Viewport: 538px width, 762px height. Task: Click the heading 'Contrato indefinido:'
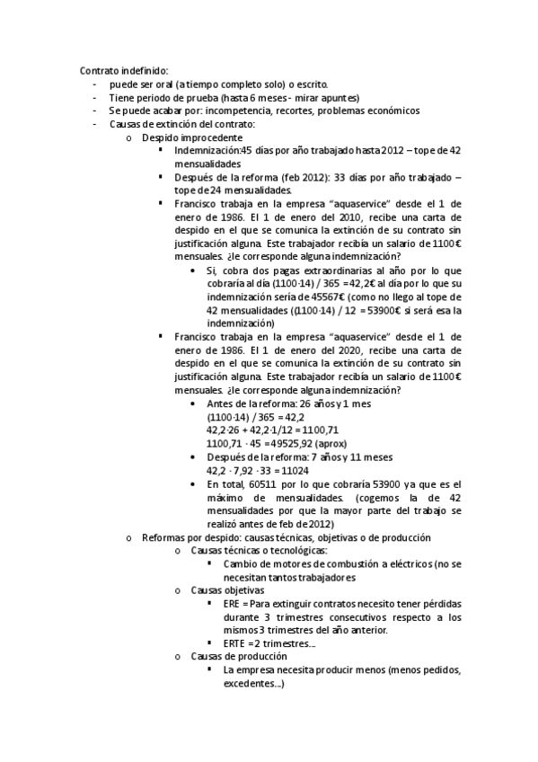point(124,71)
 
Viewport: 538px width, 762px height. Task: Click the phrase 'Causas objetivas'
point(227,591)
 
